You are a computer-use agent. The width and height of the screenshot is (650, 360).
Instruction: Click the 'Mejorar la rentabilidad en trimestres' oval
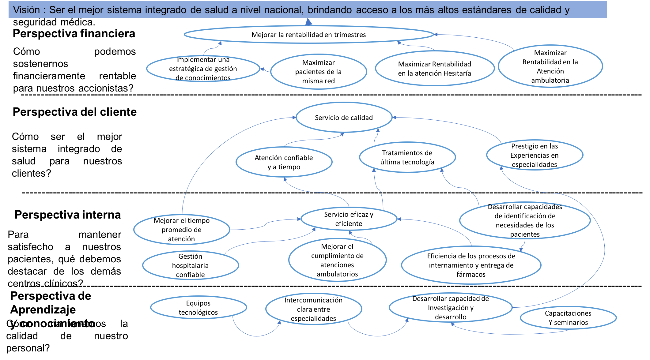[309, 35]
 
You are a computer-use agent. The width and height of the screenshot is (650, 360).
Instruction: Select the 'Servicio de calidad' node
[344, 118]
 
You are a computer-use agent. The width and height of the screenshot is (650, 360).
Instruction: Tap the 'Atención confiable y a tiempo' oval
[284, 162]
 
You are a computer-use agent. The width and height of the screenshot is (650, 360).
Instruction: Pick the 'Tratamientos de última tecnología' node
[407, 157]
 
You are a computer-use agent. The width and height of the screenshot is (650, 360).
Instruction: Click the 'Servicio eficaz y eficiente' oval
[349, 219]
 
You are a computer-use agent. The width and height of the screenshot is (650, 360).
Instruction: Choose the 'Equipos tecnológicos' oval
[198, 308]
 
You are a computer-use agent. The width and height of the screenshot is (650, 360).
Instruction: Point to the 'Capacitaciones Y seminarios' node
[568, 318]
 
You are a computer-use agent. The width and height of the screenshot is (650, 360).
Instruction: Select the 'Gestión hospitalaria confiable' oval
[190, 265]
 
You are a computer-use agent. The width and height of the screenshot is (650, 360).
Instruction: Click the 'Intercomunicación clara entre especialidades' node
[313, 309]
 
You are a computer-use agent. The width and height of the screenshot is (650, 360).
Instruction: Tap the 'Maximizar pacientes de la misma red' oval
[318, 72]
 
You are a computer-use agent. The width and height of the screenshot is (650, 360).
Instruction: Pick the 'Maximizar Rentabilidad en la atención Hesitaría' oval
[434, 69]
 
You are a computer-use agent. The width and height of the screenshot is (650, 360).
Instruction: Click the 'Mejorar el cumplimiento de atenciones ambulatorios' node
[337, 260]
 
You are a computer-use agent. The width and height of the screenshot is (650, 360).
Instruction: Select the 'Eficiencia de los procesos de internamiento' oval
[471, 265]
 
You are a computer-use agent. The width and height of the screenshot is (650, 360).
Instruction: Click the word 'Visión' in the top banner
[26, 10]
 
